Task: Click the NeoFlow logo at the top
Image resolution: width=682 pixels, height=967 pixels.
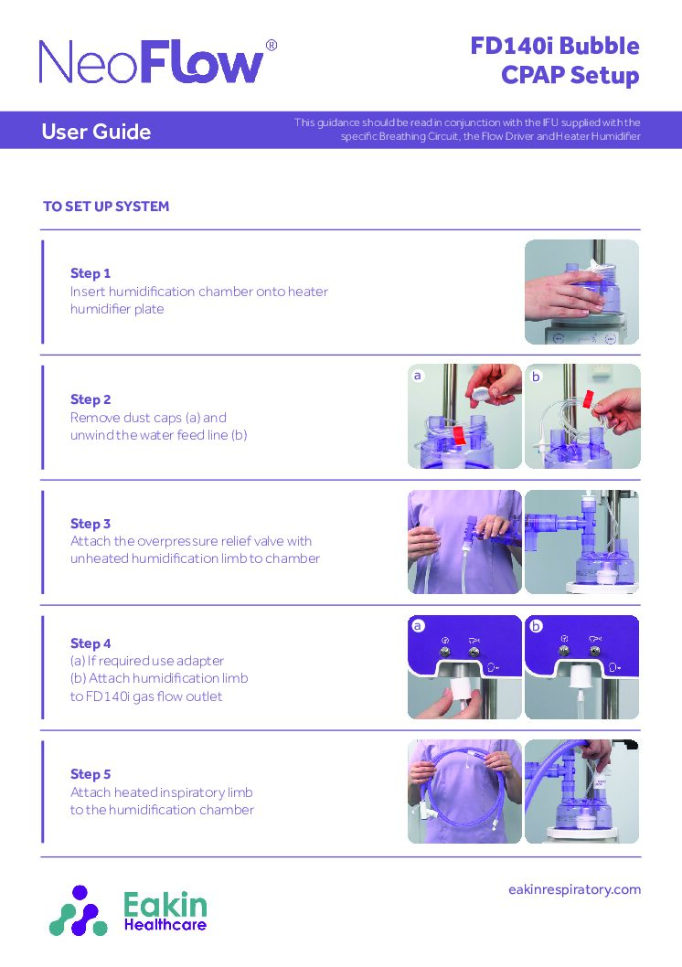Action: click(152, 62)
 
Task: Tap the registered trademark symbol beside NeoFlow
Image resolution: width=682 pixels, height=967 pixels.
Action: click(271, 46)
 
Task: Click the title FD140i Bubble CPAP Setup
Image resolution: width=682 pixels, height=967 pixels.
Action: click(554, 60)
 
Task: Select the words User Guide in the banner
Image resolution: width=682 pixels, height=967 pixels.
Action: click(96, 132)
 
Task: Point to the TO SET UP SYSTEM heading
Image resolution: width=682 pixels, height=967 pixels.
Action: click(106, 207)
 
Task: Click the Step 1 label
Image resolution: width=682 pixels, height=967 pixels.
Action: click(91, 273)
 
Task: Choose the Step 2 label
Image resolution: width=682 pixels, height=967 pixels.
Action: click(91, 399)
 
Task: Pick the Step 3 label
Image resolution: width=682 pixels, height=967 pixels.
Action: click(91, 524)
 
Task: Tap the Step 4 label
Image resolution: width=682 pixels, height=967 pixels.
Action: click(91, 643)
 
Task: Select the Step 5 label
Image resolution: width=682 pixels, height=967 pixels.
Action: click(91, 774)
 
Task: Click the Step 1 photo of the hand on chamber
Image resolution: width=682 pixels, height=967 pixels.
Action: click(581, 292)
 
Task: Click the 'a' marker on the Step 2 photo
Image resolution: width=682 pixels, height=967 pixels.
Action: click(418, 376)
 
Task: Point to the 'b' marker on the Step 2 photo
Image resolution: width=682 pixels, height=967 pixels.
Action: click(537, 376)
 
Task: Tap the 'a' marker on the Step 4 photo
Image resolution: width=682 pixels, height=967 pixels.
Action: click(418, 626)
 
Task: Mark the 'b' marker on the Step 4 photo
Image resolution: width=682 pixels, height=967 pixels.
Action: click(537, 626)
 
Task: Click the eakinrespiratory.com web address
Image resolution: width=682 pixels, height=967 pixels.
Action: click(574, 889)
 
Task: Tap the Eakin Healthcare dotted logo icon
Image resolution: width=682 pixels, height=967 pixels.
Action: click(79, 910)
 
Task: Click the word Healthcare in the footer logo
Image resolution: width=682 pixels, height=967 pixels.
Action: click(165, 925)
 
